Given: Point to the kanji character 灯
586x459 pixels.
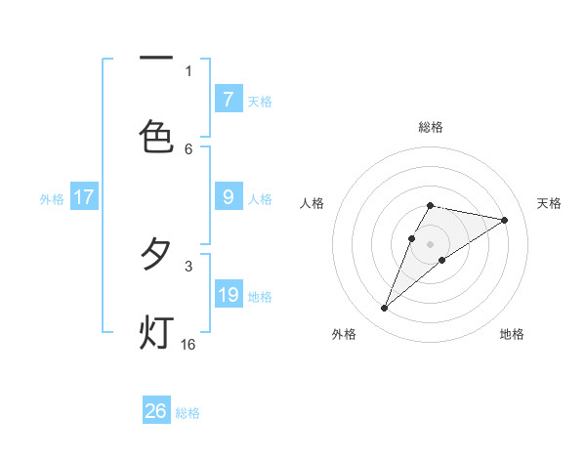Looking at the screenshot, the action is [x=156, y=333].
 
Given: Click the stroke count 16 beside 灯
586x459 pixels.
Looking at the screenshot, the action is [x=188, y=345].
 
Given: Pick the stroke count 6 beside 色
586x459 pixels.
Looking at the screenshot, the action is [x=188, y=148].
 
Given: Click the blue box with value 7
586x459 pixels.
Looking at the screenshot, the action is [x=229, y=100].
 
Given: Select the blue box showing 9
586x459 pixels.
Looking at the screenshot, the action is [x=229, y=197].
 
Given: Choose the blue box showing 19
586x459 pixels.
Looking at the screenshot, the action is [x=229, y=295].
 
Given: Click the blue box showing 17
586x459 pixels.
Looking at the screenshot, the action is [x=84, y=197].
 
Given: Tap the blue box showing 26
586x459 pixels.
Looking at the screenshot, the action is [x=156, y=411].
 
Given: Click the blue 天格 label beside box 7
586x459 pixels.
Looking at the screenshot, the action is [x=260, y=102].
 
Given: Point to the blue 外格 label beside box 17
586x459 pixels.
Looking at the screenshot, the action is [x=52, y=199].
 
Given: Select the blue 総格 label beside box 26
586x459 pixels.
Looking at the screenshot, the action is [x=188, y=413].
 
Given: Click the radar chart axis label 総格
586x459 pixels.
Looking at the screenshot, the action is [x=431, y=127].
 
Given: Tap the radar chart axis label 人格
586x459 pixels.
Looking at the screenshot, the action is [x=313, y=203].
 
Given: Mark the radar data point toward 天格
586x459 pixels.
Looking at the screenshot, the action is [x=505, y=220].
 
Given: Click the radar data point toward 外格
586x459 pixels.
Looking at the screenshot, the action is [x=384, y=309].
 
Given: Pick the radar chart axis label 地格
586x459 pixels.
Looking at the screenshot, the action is [x=512, y=334].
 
